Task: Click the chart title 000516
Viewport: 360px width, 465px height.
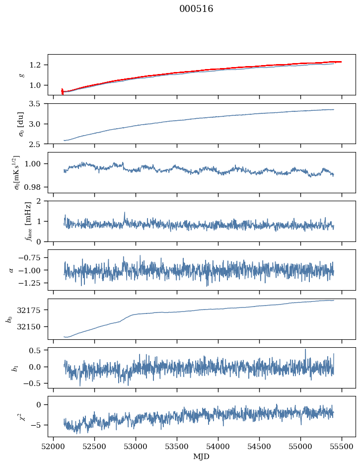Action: [196, 9]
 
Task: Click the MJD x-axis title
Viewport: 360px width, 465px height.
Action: [202, 457]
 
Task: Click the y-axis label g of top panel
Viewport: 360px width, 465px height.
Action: [21, 75]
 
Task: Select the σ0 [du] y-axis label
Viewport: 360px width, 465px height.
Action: [21, 123]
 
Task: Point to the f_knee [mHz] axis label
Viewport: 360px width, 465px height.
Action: [21, 221]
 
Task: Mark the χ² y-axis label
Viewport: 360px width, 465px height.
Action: [21, 416]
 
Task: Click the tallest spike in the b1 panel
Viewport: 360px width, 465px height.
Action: [305, 349]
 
